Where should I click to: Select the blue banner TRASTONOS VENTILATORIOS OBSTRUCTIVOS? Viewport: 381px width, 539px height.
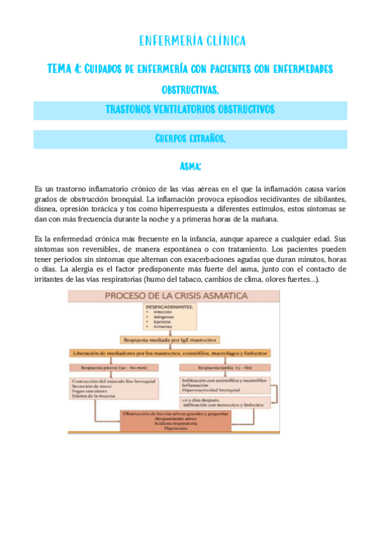pos(190,110)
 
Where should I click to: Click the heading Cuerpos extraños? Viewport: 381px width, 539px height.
pos(190,139)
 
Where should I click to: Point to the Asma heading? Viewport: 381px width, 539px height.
pos(190,167)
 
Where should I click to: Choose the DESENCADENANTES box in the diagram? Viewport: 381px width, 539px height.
pos(171,317)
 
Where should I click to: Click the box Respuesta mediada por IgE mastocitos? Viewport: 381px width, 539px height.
pos(171,341)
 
